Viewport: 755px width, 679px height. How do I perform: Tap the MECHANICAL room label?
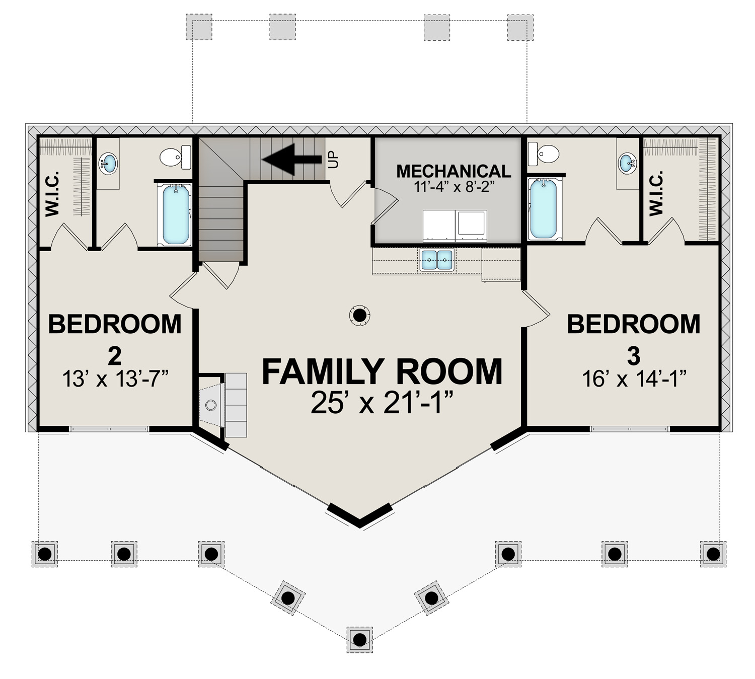454,171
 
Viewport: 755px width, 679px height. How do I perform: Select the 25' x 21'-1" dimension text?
382,402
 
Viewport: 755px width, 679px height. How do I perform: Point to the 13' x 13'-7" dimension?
115,379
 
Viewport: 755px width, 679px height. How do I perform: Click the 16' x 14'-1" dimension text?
633,379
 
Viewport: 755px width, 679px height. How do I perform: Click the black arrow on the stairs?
292,159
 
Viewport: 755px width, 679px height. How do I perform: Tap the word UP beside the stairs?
334,160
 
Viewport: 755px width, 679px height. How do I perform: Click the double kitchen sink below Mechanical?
436,259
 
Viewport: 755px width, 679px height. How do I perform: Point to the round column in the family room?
359,315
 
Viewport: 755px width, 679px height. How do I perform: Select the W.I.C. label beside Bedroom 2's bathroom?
52,194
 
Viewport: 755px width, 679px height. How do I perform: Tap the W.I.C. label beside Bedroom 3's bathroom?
656,193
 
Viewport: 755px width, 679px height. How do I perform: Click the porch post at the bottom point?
360,639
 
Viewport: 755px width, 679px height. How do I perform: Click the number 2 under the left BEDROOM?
115,356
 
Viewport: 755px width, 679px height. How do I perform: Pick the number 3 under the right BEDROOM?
634,356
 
